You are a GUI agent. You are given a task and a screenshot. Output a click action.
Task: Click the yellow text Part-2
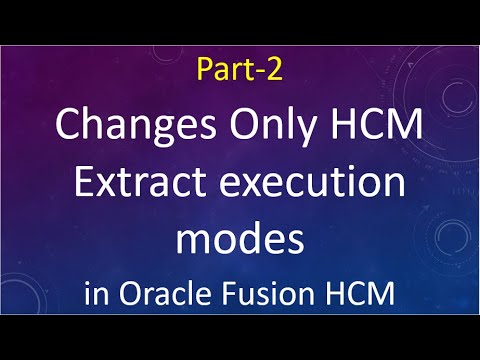click(240, 72)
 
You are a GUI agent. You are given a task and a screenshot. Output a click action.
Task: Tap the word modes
click(240, 240)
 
